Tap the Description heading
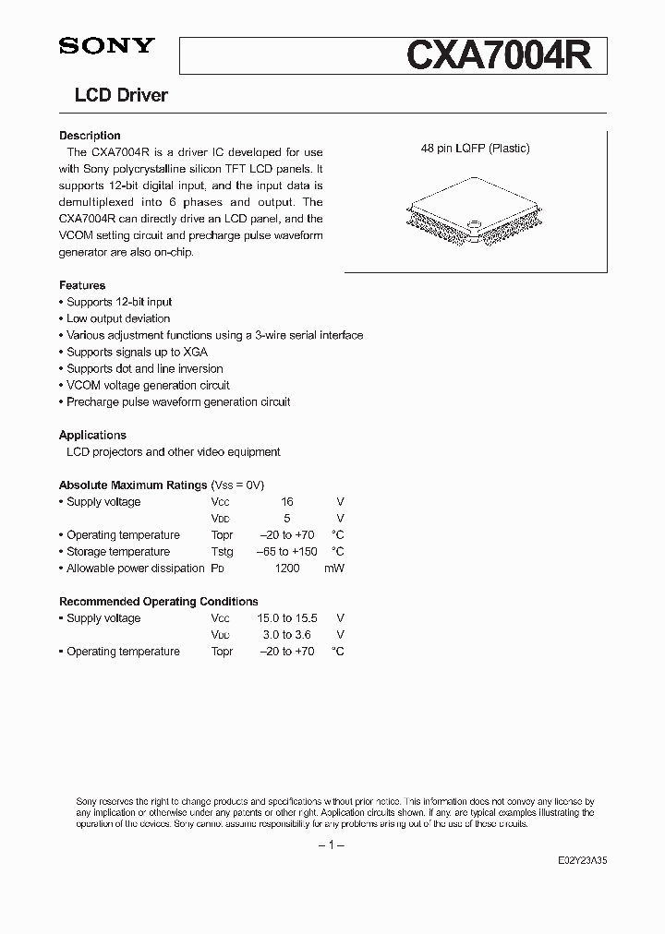90,136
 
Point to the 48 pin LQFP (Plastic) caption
475,149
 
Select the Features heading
82,285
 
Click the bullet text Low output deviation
118,318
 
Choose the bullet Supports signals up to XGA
137,352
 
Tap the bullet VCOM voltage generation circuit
148,385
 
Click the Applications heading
92,435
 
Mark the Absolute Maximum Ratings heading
133,485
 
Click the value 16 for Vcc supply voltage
286,501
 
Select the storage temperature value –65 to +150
286,551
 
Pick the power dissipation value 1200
287,568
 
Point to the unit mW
333,568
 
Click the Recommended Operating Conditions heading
158,602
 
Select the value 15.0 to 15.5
286,618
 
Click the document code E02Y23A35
582,859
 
